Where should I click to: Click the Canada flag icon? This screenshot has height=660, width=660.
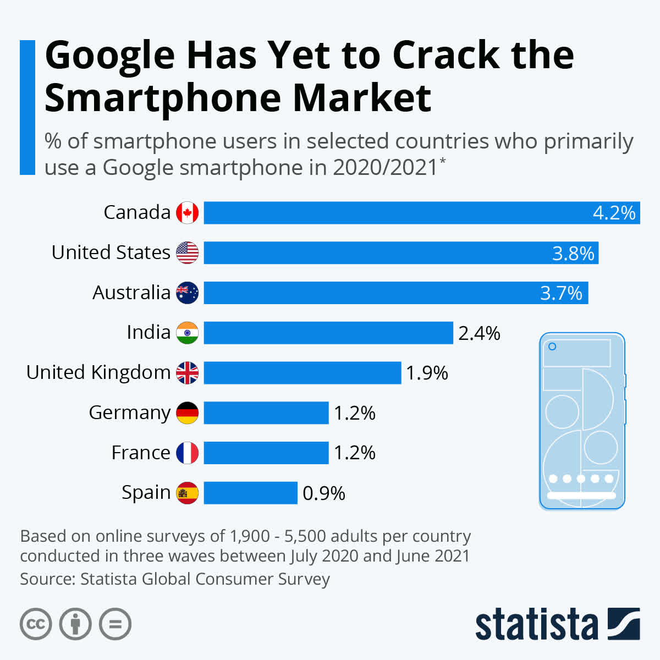coord(187,213)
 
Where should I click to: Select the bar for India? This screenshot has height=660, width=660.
coord(328,333)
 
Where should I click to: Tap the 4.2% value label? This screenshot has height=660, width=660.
coord(614,213)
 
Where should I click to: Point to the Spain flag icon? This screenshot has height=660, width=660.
coord(187,493)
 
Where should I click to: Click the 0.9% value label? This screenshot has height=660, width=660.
coord(323,493)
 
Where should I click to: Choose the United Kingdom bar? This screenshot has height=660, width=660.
coord(302,373)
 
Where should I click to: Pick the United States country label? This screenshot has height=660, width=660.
coord(111,252)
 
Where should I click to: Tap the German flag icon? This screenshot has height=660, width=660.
coord(187,413)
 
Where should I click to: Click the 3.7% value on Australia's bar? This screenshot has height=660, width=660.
coord(561,293)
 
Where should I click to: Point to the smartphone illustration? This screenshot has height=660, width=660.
coord(582,421)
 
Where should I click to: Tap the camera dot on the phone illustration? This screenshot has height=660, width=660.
coord(552,346)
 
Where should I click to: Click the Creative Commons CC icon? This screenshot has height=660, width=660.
coord(36,624)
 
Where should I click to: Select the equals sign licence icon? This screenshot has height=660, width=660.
coord(115,624)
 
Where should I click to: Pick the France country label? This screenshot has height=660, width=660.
coord(141,453)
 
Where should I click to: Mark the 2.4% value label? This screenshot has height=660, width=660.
coord(479,333)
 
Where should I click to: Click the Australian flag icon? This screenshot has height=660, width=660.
coord(187,293)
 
